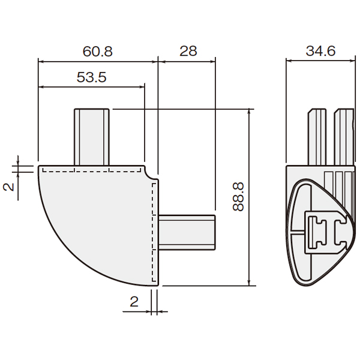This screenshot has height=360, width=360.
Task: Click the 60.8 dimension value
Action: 98,52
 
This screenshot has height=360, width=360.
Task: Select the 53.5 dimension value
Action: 91,77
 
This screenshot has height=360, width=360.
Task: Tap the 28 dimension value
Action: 188,51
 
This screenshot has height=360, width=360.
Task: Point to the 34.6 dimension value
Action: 320,51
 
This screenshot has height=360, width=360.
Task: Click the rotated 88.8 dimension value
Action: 238,197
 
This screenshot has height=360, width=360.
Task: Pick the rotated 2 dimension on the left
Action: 9,187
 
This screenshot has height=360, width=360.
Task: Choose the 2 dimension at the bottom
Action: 134,302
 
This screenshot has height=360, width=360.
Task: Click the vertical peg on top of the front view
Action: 92,137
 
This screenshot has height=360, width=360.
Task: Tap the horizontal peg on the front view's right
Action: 187,232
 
